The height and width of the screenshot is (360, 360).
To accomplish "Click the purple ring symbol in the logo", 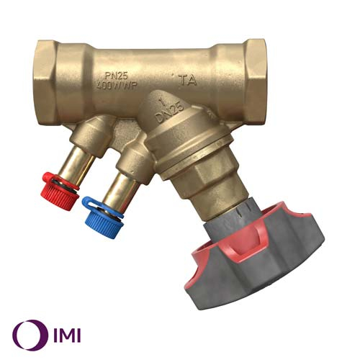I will [26, 333].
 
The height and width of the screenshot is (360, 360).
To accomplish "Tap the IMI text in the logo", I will [63, 333].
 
